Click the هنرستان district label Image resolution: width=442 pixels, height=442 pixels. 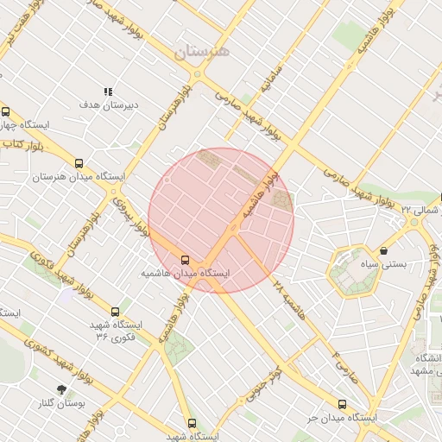click(203, 52)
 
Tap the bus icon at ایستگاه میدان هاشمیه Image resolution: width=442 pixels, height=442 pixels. click(185, 259)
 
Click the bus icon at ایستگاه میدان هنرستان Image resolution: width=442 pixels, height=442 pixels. click(79, 163)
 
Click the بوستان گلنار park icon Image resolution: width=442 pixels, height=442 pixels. click(60, 390)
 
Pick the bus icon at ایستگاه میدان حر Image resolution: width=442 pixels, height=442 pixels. click(342, 404)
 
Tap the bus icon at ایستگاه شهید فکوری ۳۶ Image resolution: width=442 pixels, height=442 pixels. click(116, 312)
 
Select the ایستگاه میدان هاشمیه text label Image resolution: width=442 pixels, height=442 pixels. click(186, 272)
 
